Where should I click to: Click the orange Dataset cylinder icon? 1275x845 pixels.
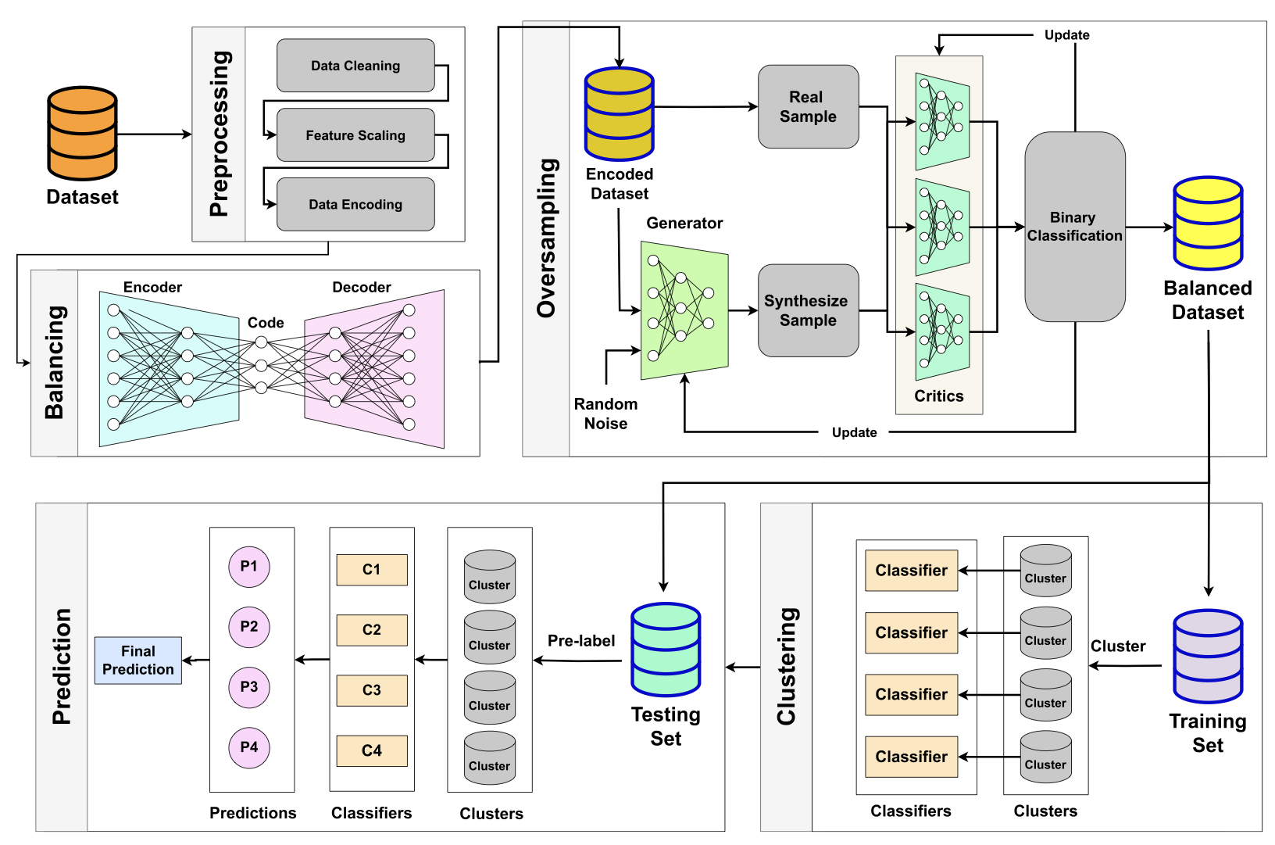click(82, 134)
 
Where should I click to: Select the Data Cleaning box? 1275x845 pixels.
click(355, 66)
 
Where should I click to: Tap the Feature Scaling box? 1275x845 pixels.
click(355, 135)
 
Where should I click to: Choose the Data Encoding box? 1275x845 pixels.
click(355, 204)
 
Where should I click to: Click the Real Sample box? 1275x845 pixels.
click(808, 107)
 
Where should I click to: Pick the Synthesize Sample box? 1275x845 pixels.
click(808, 310)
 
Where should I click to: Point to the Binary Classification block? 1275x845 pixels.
click(1074, 227)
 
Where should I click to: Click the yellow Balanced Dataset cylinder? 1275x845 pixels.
click(1207, 224)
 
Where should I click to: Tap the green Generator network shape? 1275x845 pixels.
click(684, 310)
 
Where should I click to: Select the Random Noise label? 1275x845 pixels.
click(605, 414)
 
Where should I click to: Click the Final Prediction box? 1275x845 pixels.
click(138, 661)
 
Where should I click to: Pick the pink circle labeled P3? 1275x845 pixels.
click(248, 687)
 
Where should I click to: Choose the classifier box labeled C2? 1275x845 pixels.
click(372, 630)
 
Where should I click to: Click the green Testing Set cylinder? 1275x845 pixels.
click(666, 650)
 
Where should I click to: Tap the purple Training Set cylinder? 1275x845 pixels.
click(1207, 657)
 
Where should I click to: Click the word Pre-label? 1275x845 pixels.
click(580, 641)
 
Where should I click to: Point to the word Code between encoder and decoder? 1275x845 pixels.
click(266, 323)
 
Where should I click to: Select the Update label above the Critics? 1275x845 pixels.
click(1066, 35)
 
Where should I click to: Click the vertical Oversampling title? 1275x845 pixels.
click(546, 238)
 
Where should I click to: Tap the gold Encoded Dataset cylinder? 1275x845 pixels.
click(619, 114)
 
